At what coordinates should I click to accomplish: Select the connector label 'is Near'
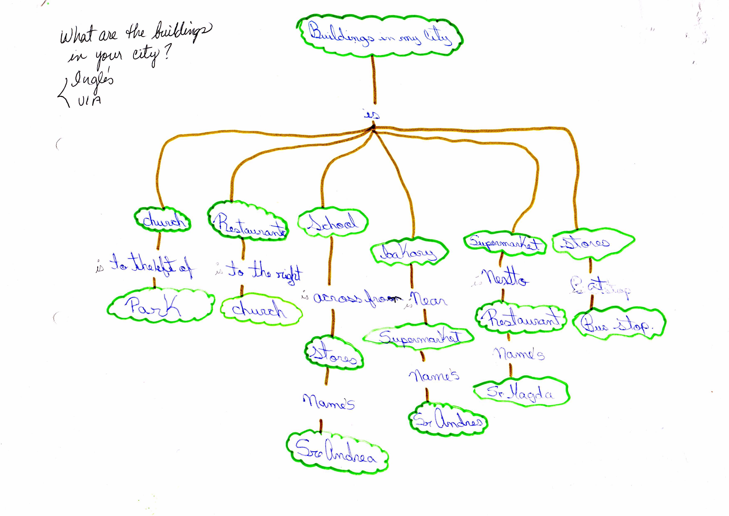tap(427, 300)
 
